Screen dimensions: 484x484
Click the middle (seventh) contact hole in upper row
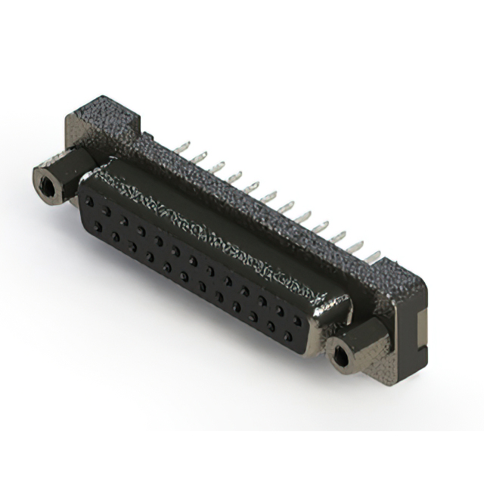coord(193,259)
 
